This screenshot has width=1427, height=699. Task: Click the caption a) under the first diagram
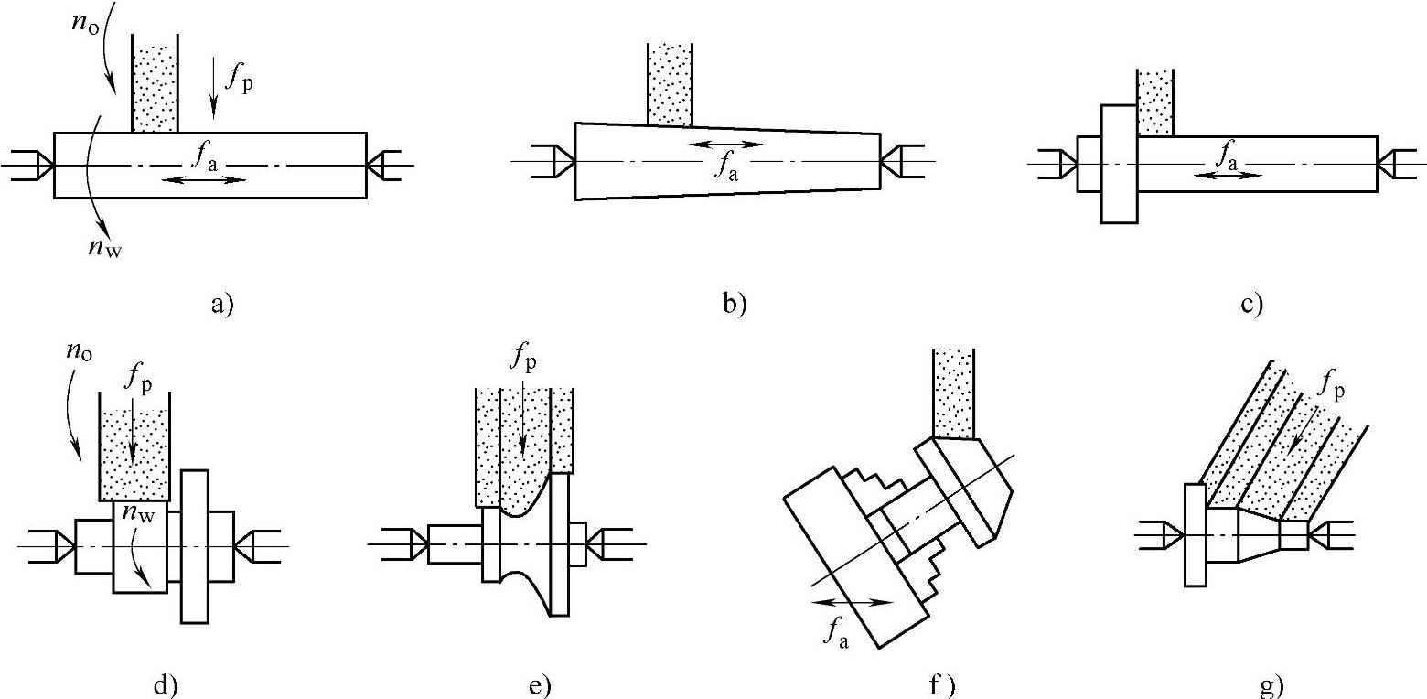pyautogui.click(x=222, y=305)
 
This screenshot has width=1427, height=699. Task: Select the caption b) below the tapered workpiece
pyautogui.click(x=734, y=305)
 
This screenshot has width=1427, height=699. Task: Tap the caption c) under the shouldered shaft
pyautogui.click(x=1251, y=305)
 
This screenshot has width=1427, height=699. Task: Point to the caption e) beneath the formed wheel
pyautogui.click(x=541, y=685)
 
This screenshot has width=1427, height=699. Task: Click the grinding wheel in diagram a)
pyautogui.click(x=155, y=84)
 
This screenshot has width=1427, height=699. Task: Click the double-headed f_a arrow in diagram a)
pyautogui.click(x=203, y=179)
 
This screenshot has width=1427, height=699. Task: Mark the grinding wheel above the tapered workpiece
pyautogui.click(x=669, y=83)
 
